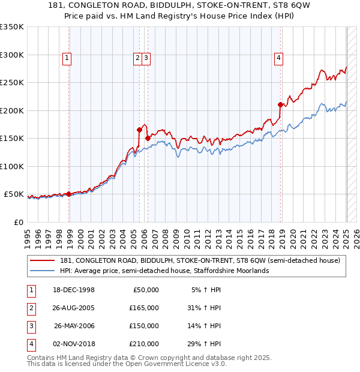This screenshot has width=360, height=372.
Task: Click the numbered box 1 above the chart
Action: (x=66, y=58)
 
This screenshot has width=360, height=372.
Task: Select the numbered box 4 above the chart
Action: (x=279, y=58)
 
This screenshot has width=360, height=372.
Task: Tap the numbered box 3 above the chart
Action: (x=146, y=58)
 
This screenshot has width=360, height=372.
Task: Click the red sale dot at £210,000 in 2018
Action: (x=280, y=104)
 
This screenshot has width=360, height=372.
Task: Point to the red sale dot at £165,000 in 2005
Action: (x=139, y=129)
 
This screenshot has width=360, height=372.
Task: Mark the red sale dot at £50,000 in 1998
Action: (x=68, y=194)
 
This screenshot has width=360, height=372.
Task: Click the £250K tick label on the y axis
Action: (x=11, y=83)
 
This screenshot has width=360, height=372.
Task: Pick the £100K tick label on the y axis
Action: (x=11, y=166)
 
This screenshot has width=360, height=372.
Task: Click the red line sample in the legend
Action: (x=43, y=260)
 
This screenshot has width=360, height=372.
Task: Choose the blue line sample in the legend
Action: (x=43, y=271)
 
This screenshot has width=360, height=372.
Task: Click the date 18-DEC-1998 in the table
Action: (x=75, y=290)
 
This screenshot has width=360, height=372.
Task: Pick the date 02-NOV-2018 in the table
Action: (x=75, y=344)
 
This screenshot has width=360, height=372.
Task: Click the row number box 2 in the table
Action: (x=30, y=308)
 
